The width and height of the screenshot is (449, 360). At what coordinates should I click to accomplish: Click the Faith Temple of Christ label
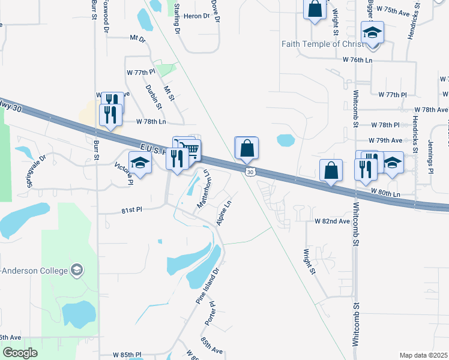point(328,44)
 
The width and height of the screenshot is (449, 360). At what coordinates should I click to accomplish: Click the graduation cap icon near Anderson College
point(76,270)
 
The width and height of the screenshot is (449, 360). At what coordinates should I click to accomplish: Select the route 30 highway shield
point(250,172)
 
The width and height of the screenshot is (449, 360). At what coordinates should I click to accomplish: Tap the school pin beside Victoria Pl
point(140,164)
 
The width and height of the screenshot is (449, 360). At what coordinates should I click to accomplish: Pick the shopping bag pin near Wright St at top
point(314,10)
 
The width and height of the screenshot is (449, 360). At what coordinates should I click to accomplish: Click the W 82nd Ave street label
point(332,221)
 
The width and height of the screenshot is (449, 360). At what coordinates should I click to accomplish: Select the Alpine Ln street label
point(223,212)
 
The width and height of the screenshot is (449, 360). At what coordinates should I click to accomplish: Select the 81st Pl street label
point(130,211)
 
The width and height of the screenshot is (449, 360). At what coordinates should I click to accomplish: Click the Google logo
point(20,353)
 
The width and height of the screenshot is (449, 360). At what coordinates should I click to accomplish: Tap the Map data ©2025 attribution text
point(423,355)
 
